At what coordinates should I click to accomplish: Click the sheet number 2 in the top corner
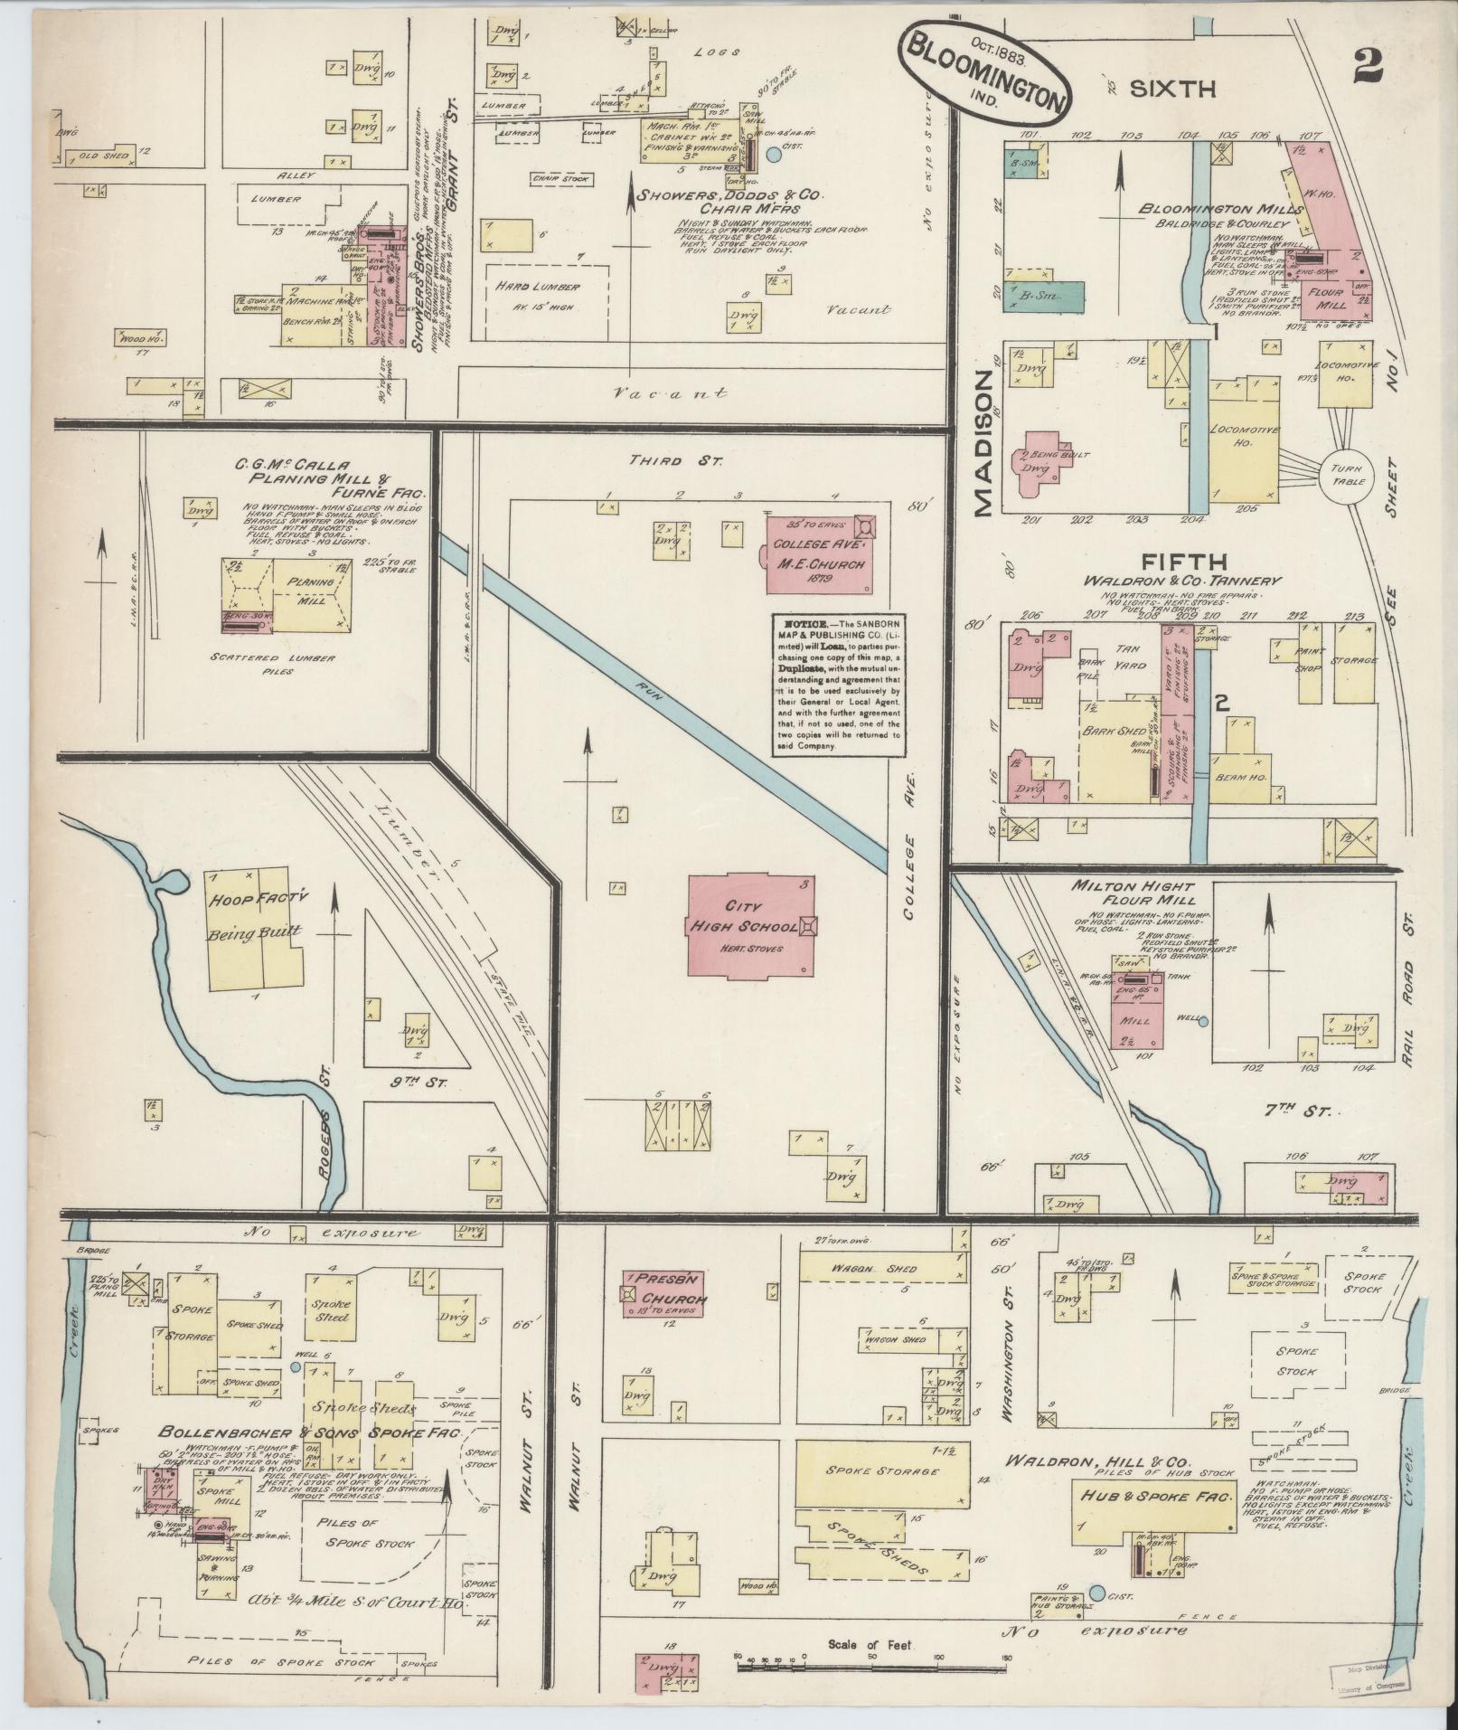click(1370, 66)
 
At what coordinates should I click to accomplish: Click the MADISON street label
click(984, 445)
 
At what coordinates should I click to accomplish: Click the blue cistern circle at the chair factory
click(774, 155)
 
